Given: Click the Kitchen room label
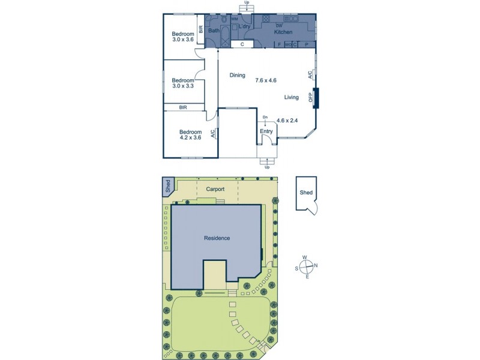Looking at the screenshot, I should click(283, 32).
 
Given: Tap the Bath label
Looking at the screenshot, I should click(214, 30).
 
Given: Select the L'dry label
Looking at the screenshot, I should click(244, 27).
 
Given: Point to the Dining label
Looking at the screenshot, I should click(238, 75).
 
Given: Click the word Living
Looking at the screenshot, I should click(292, 97).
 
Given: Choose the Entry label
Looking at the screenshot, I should click(266, 131).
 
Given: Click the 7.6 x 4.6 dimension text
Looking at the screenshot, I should click(266, 80).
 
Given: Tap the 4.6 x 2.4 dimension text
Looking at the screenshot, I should click(287, 121).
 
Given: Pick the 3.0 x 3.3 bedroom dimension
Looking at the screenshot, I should click(182, 86).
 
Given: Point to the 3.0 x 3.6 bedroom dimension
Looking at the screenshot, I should click(183, 40).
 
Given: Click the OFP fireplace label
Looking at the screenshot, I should click(311, 97).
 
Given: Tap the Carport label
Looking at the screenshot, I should click(215, 189).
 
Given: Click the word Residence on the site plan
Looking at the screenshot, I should click(217, 238).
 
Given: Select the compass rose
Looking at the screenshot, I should click(307, 266).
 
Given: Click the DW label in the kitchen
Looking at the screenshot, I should click(279, 26).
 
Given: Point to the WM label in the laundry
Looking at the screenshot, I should click(235, 19).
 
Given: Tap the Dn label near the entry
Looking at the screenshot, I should click(265, 118).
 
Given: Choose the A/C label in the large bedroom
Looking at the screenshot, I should click(213, 134).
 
